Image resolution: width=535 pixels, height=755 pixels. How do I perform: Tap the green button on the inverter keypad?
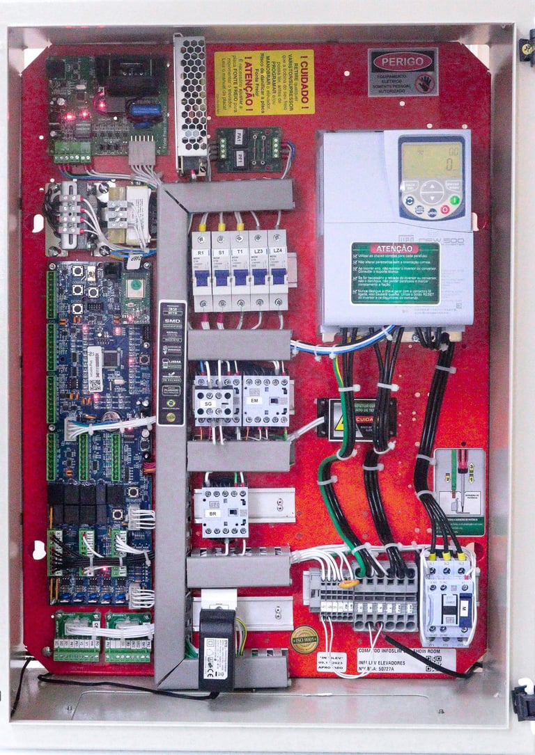pyautogui.click(x=455, y=200)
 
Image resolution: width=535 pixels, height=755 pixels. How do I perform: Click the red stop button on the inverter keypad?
pyautogui.click(x=444, y=209)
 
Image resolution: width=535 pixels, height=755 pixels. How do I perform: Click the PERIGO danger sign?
pyautogui.click(x=403, y=72)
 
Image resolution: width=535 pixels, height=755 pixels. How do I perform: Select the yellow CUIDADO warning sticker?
pyautogui.click(x=264, y=82)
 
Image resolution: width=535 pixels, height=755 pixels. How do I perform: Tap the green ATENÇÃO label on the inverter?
pyautogui.click(x=395, y=273)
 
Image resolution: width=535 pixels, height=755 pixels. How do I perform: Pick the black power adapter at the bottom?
pyautogui.click(x=217, y=652)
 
